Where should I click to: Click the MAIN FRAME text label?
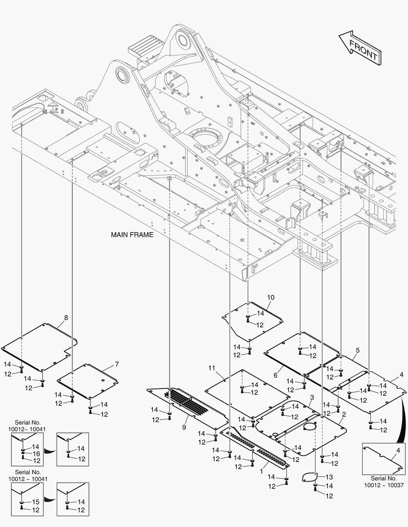[132, 235]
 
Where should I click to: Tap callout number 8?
[66, 318]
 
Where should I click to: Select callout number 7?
[117, 364]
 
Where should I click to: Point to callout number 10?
[271, 298]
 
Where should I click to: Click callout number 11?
[212, 368]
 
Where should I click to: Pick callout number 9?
[184, 427]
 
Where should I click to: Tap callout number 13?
[329, 477]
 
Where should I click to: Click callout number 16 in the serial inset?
[36, 454]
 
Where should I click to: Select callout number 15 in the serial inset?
[36, 502]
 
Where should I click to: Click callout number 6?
[276, 375]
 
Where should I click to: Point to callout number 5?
[358, 350]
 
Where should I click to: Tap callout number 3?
[312, 398]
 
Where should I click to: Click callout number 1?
[261, 471]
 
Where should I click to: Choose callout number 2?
[344, 414]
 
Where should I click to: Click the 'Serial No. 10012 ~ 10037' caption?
[384, 482]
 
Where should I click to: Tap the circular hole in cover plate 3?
[309, 426]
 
